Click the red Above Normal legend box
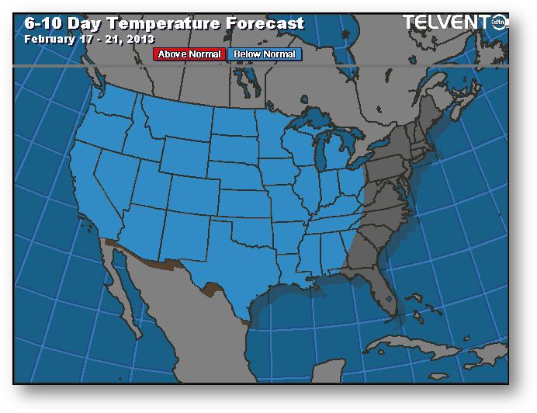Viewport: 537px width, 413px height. pos(189,54)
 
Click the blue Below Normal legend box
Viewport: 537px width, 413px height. pos(265,54)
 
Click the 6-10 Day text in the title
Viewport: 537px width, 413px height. pos(58,23)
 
